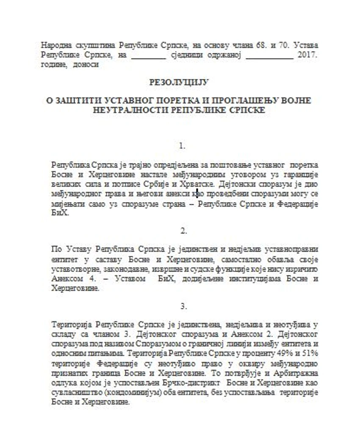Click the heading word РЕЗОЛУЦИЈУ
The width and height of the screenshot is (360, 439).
pyautogui.click(x=179, y=82)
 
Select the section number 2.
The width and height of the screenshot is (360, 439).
pyautogui.click(x=183, y=231)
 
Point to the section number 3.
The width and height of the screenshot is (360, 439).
pyautogui.click(x=183, y=306)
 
